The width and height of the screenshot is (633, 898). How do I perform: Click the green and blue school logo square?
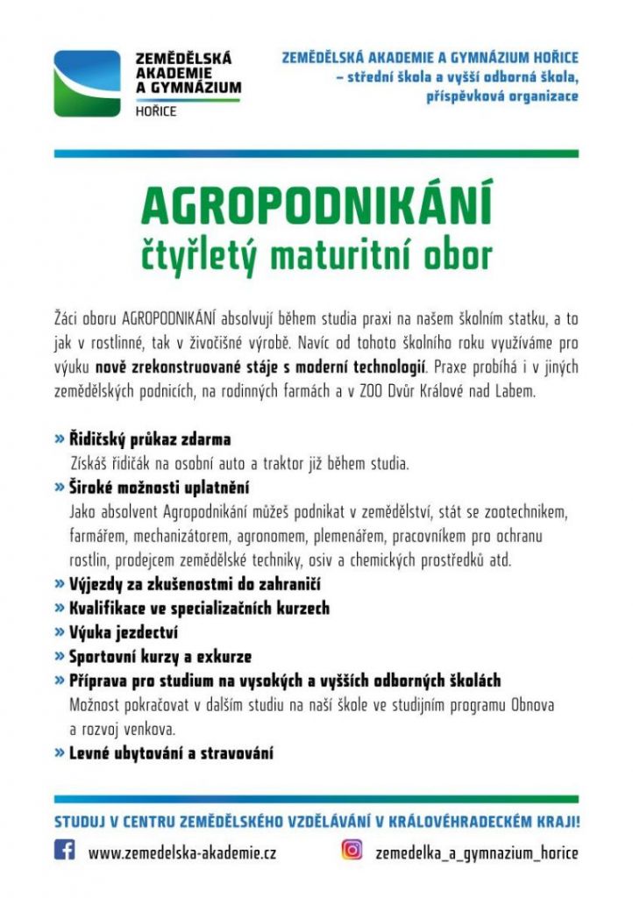[87, 83]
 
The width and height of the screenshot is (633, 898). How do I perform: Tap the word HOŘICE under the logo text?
[155, 111]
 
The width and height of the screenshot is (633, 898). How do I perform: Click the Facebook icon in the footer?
[65, 850]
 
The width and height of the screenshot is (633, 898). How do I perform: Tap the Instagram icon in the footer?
[352, 850]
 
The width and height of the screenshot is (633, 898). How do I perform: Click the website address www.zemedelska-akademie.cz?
[182, 852]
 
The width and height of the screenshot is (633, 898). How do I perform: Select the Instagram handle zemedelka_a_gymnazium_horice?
[477, 852]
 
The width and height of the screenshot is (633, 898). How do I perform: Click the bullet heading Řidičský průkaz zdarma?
[150, 438]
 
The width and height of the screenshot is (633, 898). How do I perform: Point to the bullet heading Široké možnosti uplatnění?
[160, 487]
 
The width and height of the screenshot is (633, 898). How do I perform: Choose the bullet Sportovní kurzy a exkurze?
[160, 656]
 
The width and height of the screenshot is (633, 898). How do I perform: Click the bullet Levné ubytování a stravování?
[171, 752]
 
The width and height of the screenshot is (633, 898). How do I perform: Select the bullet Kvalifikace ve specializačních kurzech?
[199, 608]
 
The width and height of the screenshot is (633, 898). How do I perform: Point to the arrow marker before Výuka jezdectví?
[59, 631]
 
